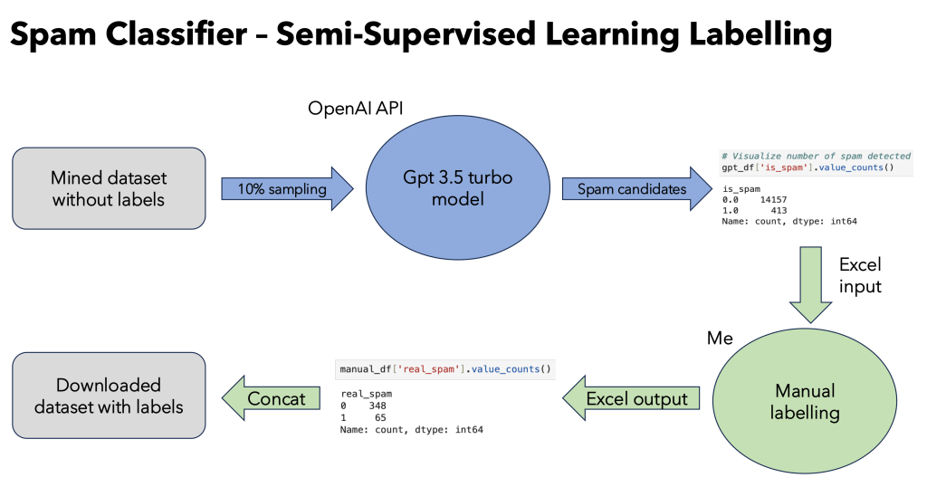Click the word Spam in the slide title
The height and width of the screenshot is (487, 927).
pos(57,35)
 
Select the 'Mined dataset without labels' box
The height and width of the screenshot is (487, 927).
pos(109,188)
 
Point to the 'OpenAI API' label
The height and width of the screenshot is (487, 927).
pos(356,109)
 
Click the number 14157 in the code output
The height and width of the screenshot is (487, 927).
pos(778,198)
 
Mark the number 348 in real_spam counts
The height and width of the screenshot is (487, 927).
pos(377,406)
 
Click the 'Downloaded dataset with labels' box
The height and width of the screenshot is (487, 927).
pos(109,396)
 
